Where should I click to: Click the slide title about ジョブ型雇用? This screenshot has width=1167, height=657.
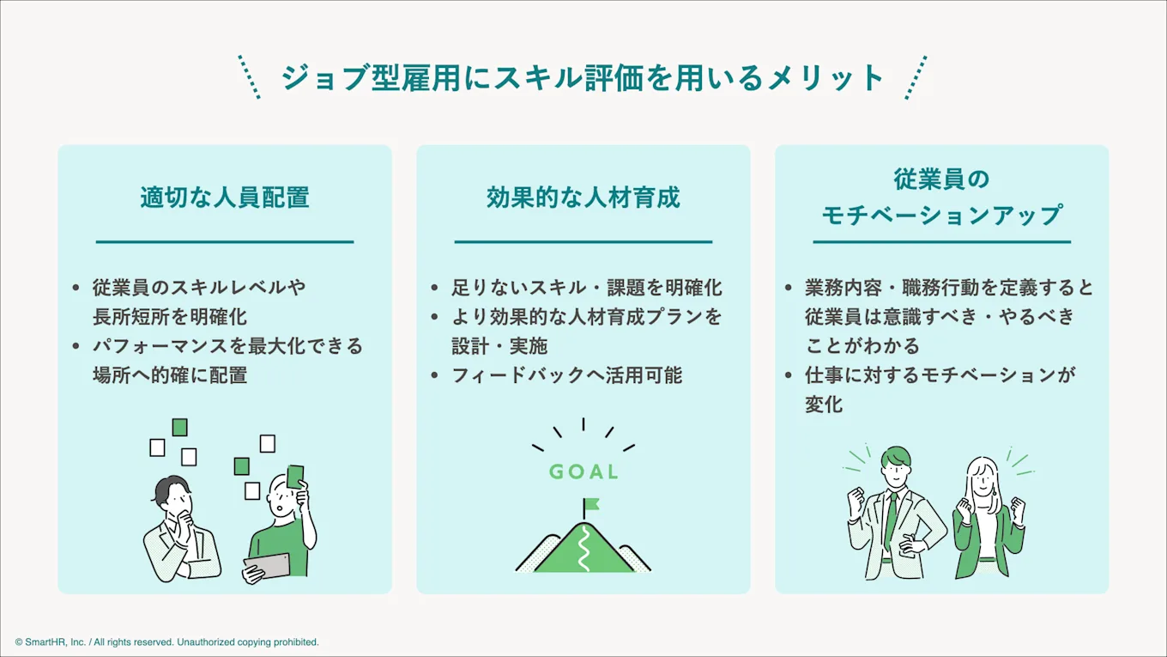583,77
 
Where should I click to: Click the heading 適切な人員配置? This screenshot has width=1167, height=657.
225,198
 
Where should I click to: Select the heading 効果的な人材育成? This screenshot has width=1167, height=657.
583,198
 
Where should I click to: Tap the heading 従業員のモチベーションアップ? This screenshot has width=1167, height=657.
941,197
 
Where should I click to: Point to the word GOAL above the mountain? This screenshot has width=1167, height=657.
583,471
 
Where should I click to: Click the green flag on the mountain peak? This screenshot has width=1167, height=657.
591,504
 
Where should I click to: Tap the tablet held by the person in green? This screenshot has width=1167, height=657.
267,565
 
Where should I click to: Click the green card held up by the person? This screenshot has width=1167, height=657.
295,476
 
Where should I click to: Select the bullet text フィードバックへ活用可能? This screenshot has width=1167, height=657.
567,375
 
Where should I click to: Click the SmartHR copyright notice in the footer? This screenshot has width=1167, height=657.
167,642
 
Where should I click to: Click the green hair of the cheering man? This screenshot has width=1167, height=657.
895,458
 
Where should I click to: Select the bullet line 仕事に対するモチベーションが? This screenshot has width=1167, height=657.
940,375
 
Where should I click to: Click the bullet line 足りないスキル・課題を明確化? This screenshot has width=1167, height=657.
587,288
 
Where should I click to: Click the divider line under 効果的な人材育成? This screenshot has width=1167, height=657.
583,242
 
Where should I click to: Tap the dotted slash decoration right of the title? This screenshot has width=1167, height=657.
916,77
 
